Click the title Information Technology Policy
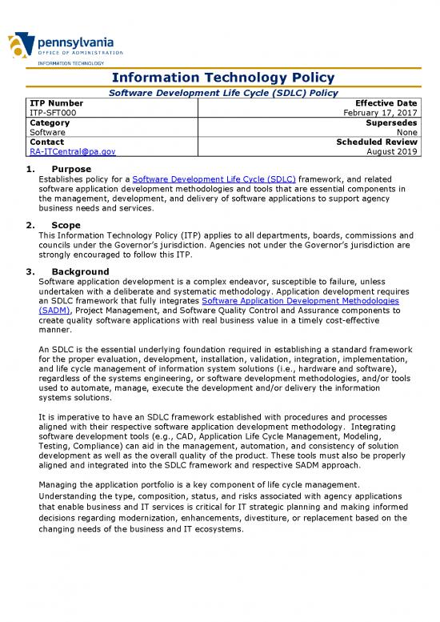(220, 78)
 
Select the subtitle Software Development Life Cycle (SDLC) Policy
(220, 93)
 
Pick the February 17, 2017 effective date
(381, 114)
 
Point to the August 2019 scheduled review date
(392, 150)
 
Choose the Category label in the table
(49, 123)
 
